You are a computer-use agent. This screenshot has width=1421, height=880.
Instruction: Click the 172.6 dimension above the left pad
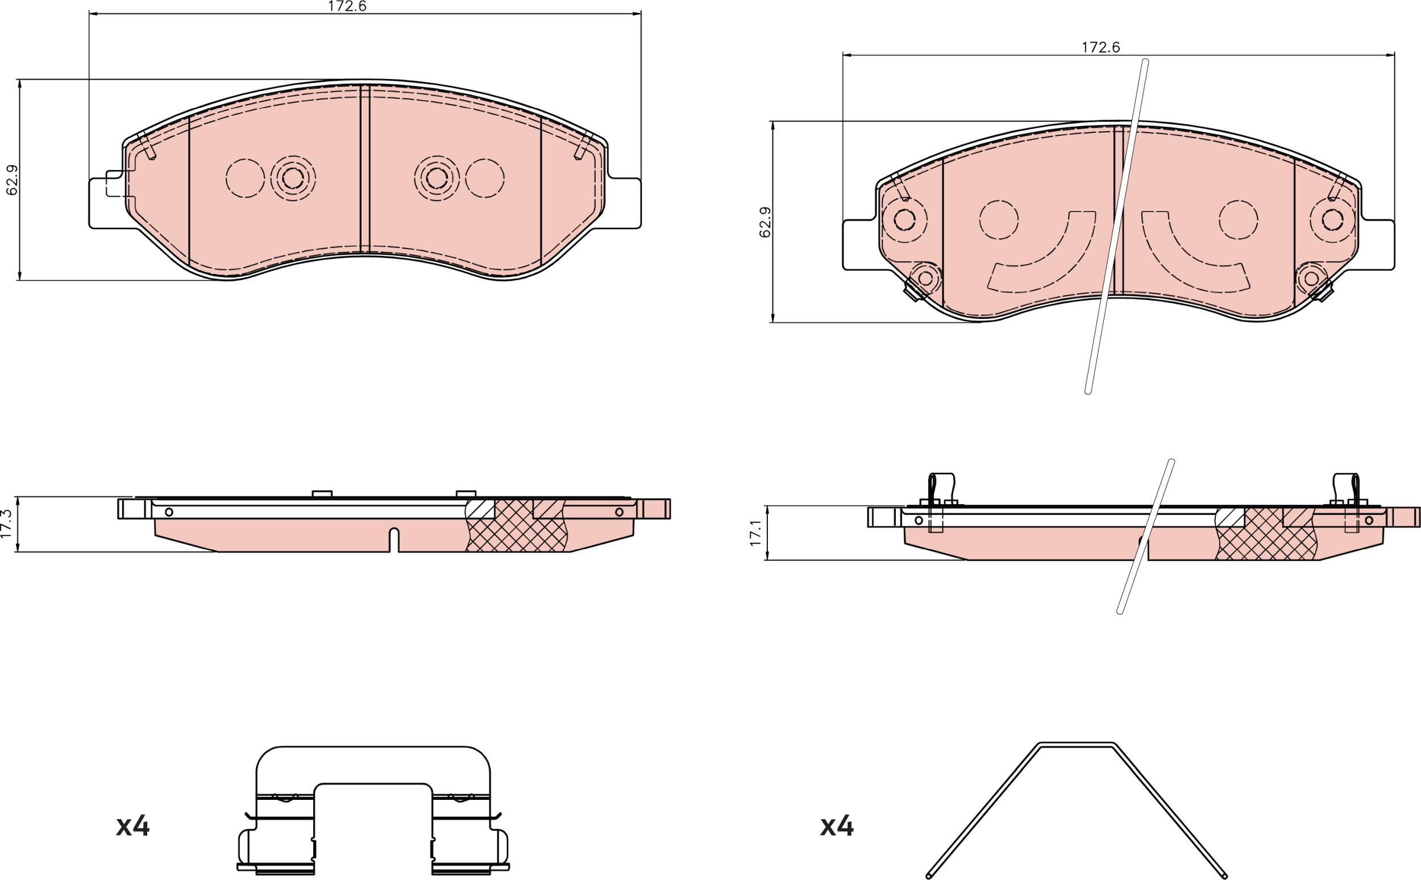(347, 6)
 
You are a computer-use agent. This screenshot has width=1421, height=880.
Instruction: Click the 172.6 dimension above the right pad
(1100, 47)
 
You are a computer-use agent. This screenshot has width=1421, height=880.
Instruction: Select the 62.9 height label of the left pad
(12, 179)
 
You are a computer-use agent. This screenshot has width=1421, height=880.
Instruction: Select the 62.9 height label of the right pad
(765, 222)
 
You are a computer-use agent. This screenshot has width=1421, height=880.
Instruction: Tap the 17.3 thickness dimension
(6, 523)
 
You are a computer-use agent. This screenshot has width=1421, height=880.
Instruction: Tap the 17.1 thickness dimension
(755, 533)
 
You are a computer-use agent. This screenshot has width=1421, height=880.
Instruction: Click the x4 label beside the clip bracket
(133, 826)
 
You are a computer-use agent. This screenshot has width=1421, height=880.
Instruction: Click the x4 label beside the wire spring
(837, 826)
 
